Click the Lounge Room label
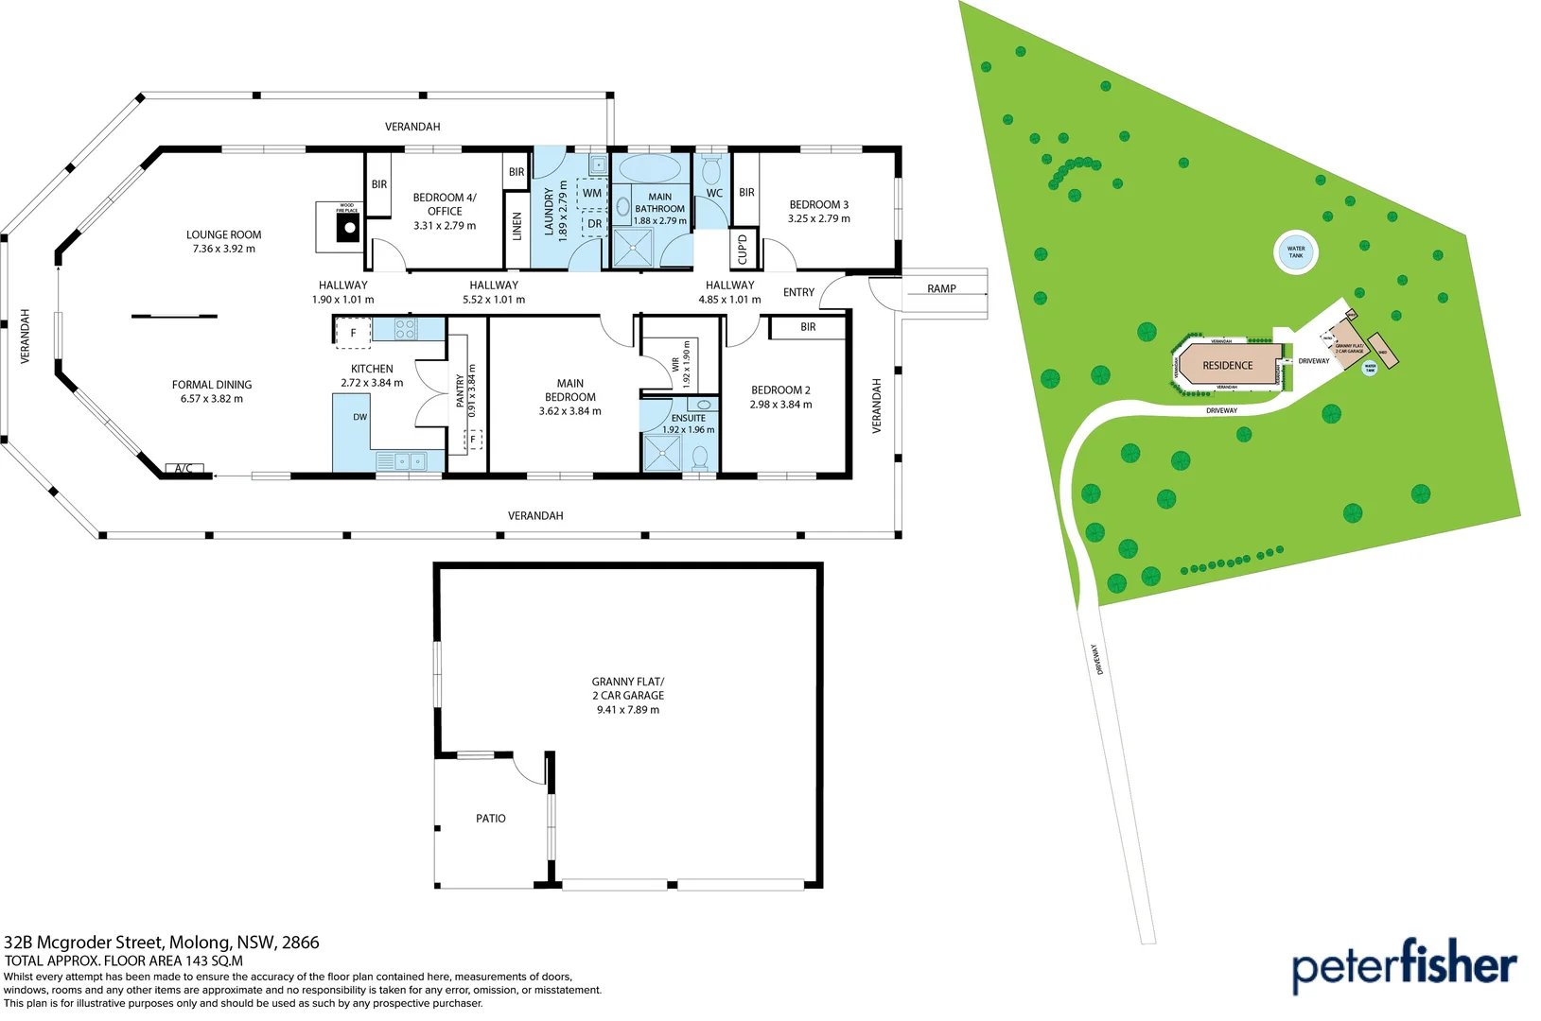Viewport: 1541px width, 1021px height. [x=223, y=241]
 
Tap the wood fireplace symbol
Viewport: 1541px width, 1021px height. [x=349, y=227]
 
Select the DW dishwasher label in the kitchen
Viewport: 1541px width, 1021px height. [x=359, y=417]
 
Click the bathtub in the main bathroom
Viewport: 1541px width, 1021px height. [x=649, y=169]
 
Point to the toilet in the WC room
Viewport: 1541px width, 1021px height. [x=711, y=170]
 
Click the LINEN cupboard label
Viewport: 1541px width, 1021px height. [x=517, y=226]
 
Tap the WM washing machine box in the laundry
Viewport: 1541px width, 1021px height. [x=592, y=193]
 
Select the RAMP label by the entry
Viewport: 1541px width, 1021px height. [x=941, y=289]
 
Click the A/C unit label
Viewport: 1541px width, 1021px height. [x=184, y=469]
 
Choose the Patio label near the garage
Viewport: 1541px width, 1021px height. [x=490, y=819]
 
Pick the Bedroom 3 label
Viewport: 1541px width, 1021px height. [x=818, y=211]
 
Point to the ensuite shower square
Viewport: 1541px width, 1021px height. [x=661, y=453]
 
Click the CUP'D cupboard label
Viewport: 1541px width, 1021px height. [x=743, y=249]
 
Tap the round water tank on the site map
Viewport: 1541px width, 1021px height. [x=1295, y=252]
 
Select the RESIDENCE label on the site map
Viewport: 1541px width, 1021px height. [x=1227, y=366]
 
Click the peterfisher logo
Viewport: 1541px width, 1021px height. [x=1404, y=965]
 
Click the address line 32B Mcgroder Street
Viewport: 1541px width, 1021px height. [x=162, y=943]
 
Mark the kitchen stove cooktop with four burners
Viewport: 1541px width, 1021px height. [x=405, y=329]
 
